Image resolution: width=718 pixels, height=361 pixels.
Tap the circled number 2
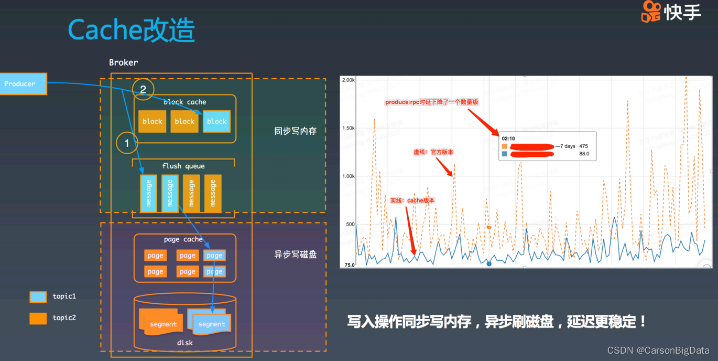(143, 90)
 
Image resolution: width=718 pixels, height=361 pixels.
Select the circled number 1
(127, 143)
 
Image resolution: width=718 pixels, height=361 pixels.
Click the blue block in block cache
(216, 121)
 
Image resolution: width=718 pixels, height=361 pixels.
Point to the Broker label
(123, 62)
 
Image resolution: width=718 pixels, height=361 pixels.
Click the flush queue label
(183, 166)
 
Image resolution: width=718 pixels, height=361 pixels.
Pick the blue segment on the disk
(211, 324)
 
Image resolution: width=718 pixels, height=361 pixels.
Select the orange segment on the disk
(162, 324)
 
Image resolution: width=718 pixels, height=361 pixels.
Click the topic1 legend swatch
(38, 297)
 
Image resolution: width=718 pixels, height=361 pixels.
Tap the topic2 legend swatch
(38, 318)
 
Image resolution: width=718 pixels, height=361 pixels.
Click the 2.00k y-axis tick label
(348, 80)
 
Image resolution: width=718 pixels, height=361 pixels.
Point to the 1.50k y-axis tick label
(348, 128)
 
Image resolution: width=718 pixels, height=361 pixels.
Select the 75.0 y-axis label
(350, 265)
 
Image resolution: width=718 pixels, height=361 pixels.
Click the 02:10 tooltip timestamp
(508, 139)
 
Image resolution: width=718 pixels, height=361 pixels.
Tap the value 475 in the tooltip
(584, 146)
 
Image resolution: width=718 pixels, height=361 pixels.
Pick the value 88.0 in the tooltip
(584, 154)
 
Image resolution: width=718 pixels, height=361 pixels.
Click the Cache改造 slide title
(131, 30)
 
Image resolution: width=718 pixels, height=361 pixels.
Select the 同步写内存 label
(296, 131)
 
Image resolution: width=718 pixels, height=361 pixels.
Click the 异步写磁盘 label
(296, 255)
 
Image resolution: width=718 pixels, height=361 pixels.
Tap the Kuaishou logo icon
(651, 12)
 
